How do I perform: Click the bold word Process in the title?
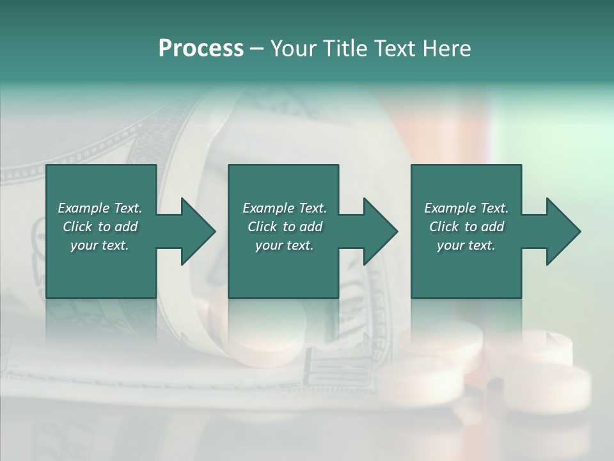201,49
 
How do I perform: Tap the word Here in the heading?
447,49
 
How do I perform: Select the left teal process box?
101,269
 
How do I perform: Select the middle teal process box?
283,269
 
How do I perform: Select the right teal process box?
466,269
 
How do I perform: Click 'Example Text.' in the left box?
100,208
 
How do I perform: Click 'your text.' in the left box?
100,245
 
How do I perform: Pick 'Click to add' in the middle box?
285,227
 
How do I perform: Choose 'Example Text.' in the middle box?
285,208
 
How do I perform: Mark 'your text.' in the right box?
466,245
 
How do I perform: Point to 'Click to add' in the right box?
466,227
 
